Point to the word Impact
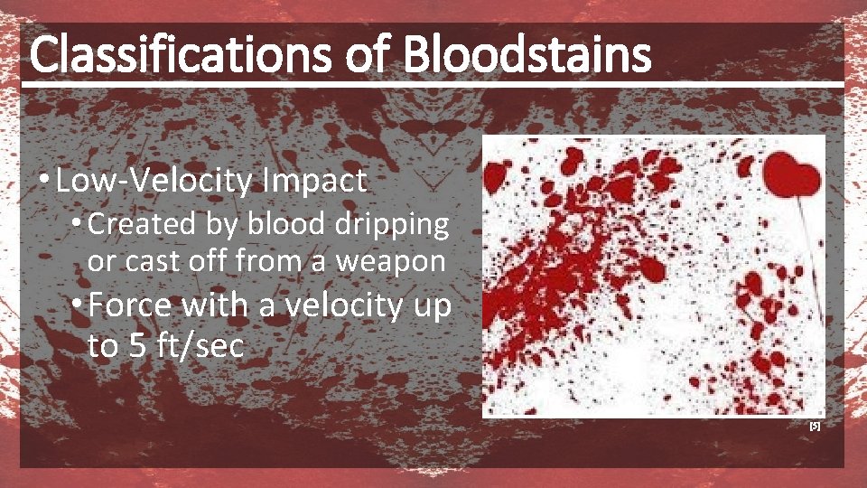tap(314, 182)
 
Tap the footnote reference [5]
tap(815, 426)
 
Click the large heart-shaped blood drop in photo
tap(791, 174)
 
